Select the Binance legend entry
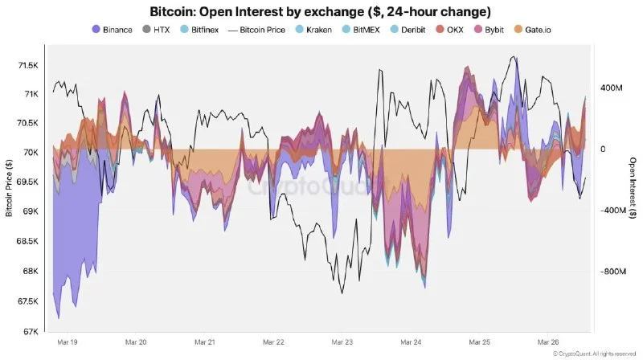(112, 30)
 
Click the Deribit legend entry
(406, 30)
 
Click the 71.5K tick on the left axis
(29, 64)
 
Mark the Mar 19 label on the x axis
(68, 342)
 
